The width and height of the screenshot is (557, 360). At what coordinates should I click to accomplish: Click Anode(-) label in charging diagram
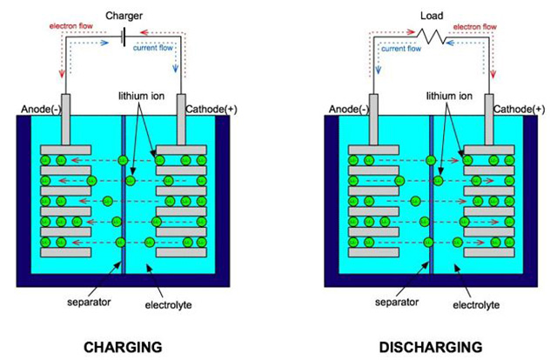[x=38, y=110]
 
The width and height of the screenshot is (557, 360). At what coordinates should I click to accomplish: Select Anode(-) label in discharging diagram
[x=346, y=110]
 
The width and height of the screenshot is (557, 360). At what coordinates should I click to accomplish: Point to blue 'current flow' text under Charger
[x=156, y=48]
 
